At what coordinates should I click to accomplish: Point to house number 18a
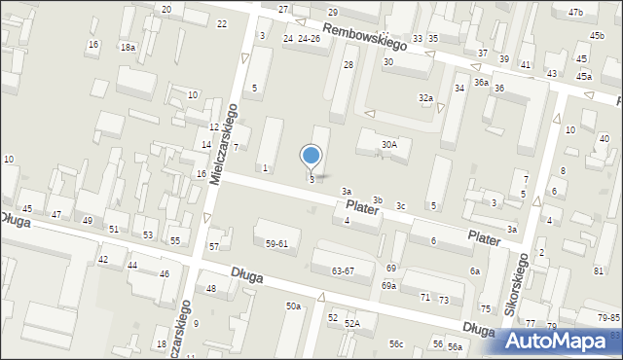(128, 47)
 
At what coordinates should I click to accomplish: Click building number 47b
(575, 12)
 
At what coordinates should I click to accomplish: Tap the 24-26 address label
(309, 39)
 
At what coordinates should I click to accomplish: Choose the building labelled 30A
(388, 144)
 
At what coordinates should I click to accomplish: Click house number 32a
(425, 98)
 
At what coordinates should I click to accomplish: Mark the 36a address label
(481, 83)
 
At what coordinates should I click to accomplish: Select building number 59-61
(276, 243)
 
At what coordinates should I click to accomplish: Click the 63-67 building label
(343, 270)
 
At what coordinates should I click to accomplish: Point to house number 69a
(388, 285)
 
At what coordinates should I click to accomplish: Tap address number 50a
(293, 306)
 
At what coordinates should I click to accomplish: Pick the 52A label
(351, 323)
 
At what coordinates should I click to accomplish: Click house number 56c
(396, 344)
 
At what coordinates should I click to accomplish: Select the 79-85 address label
(608, 318)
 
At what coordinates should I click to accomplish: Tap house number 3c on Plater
(400, 205)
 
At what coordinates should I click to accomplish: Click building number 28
(348, 64)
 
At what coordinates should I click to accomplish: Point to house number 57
(214, 246)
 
